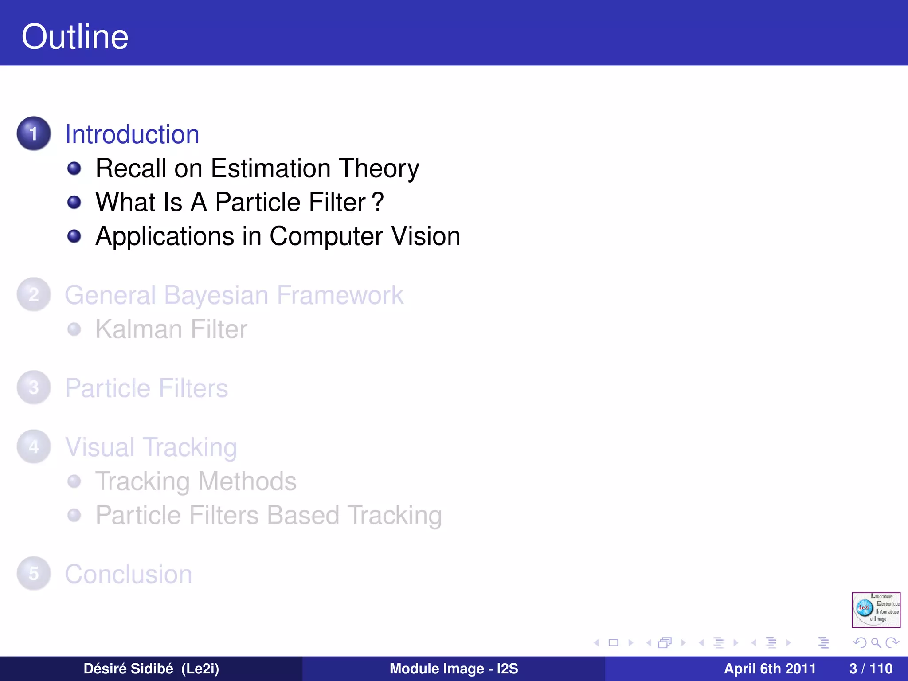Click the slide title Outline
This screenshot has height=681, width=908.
coord(75,37)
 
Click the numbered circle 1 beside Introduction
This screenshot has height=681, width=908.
coord(34,133)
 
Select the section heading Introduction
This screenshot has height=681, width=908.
coord(132,134)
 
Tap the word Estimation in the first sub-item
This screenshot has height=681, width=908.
coord(270,168)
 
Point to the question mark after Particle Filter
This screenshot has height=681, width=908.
coord(378,202)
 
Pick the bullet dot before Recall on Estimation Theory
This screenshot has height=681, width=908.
coord(74,168)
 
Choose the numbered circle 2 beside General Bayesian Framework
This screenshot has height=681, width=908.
coord(34,294)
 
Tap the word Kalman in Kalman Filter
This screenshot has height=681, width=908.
coord(139,329)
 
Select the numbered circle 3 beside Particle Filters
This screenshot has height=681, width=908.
coord(34,387)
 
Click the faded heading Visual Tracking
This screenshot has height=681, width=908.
coord(151,447)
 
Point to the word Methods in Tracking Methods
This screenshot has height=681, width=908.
coord(247,481)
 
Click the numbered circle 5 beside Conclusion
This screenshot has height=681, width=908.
coord(34,573)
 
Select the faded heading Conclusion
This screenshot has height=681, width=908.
coord(129,574)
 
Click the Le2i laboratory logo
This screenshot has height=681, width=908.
coord(876,610)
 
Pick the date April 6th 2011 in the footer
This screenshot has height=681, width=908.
coord(770,669)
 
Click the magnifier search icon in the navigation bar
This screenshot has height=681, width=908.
coord(876,642)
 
